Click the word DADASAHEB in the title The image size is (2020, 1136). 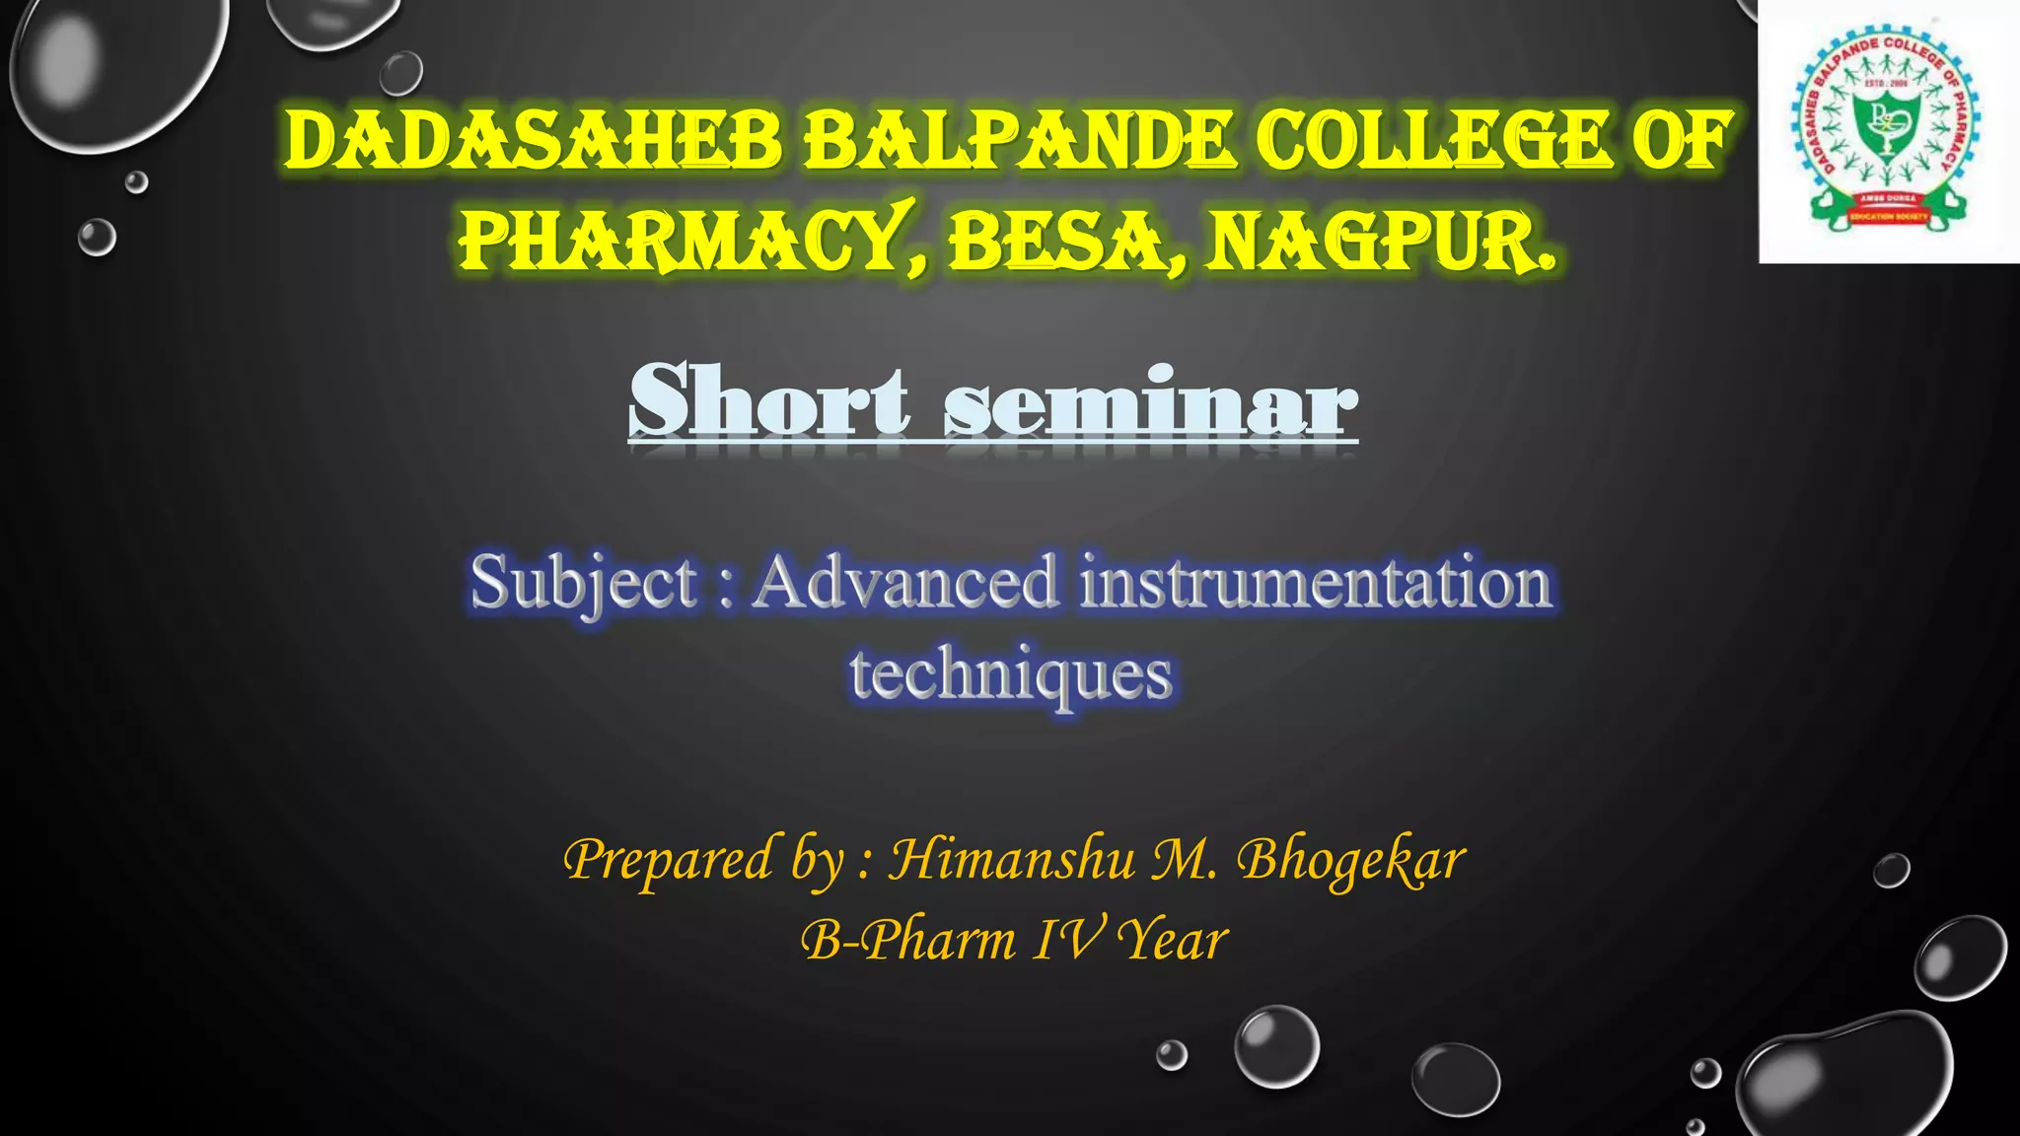coord(533,140)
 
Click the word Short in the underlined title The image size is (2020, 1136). coord(769,402)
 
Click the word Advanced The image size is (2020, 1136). coord(905,582)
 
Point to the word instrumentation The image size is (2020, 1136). coord(1316,582)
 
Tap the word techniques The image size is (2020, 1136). coord(1011,674)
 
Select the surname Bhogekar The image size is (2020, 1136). coord(1351,860)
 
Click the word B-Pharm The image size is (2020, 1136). coord(907,939)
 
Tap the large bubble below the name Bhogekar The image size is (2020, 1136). coord(1277,1046)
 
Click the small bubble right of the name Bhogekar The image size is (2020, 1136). coord(1891,871)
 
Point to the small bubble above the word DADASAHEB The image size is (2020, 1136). coord(400,73)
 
